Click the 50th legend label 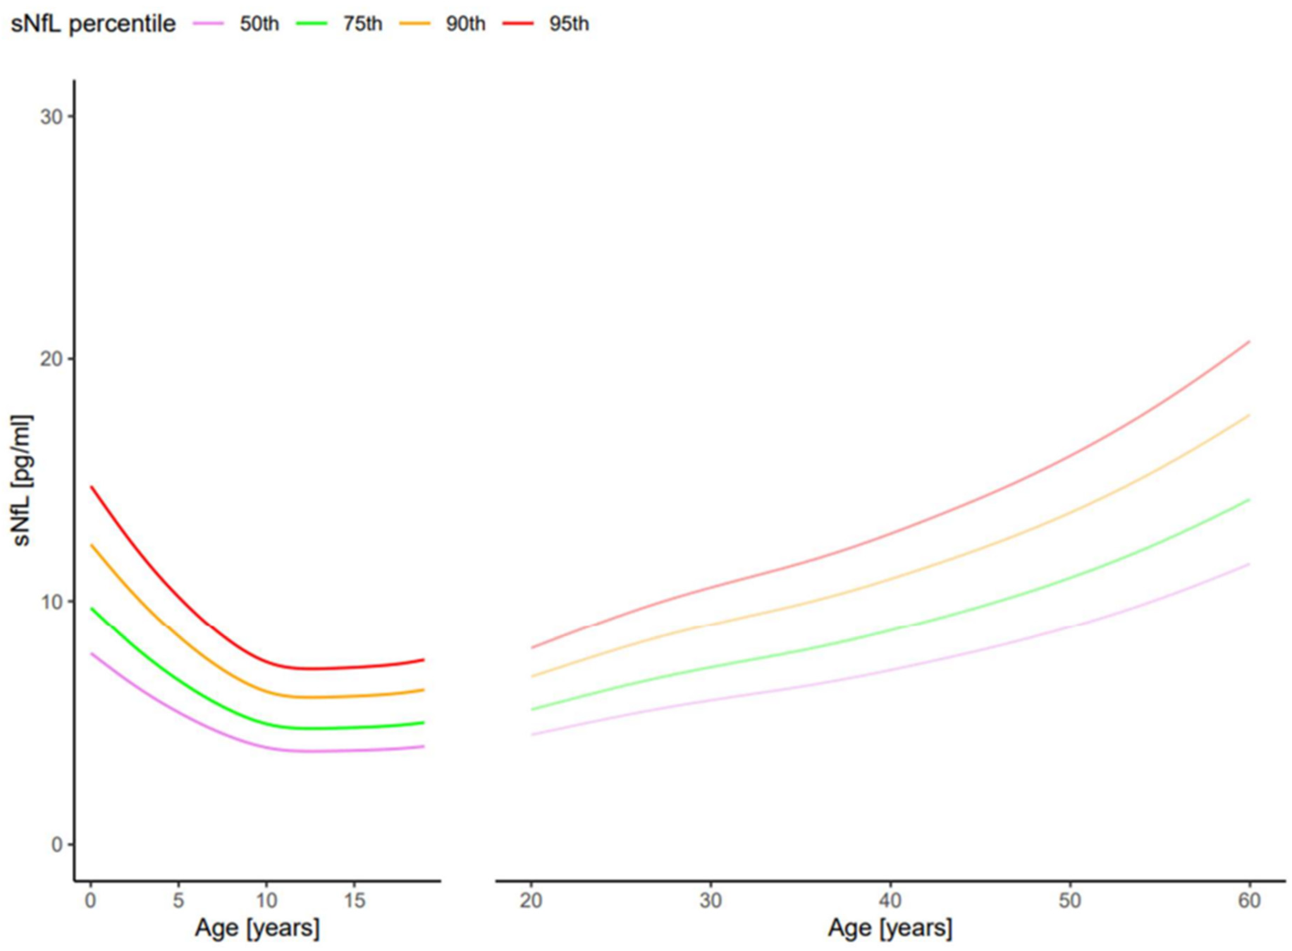click(259, 24)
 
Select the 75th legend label click(363, 24)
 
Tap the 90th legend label click(465, 24)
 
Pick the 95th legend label click(569, 24)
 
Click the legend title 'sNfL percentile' click(93, 24)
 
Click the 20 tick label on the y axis click(51, 359)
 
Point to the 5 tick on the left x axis click(178, 900)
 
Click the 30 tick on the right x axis click(710, 900)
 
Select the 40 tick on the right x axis click(890, 900)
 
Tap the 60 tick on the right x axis click(1249, 900)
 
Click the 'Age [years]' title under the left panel click(257, 928)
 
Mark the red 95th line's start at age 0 click(91, 487)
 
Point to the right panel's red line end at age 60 click(1249, 341)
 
